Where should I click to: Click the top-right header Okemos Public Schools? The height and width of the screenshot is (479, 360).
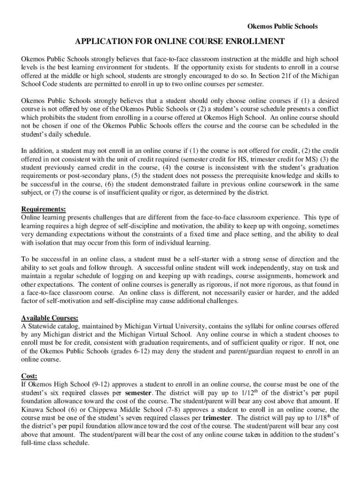(282, 26)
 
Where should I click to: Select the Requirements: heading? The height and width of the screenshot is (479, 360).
(43, 209)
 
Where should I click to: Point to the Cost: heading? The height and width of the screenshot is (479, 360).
(29, 376)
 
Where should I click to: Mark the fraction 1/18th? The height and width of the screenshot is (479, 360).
(323, 417)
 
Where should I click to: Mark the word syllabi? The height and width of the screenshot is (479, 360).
(248, 326)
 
